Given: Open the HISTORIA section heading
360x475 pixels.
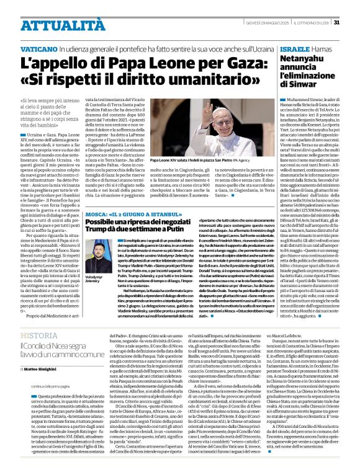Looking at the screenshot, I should pos(40,335).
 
